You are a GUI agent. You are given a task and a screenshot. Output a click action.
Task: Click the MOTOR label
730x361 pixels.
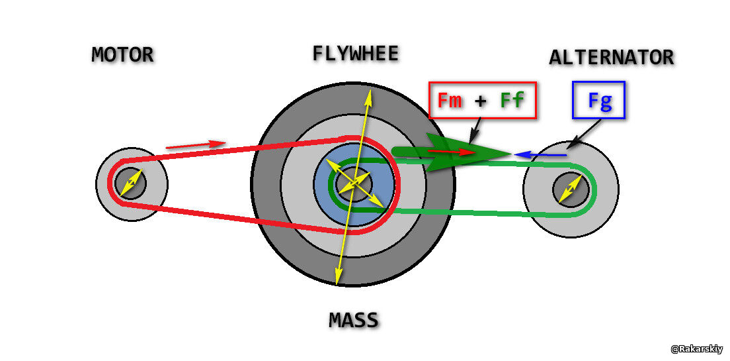coord(122,54)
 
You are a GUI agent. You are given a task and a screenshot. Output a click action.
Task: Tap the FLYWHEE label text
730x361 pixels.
coord(356,53)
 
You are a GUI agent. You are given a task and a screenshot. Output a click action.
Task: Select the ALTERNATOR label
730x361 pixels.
coord(611,58)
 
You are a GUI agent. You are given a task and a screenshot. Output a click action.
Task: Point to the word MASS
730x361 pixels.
coord(354,321)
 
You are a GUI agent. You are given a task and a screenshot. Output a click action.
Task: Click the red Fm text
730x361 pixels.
coord(450,101)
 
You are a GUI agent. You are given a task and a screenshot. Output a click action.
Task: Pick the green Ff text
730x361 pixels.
coord(512,101)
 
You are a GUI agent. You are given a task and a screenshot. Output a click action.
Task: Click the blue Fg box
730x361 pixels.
coord(599,101)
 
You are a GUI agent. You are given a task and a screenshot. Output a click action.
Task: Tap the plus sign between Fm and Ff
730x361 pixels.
coord(481,101)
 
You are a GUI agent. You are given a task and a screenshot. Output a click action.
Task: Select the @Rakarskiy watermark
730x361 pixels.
coord(696,349)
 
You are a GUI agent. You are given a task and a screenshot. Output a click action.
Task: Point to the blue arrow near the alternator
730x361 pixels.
coord(540,155)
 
